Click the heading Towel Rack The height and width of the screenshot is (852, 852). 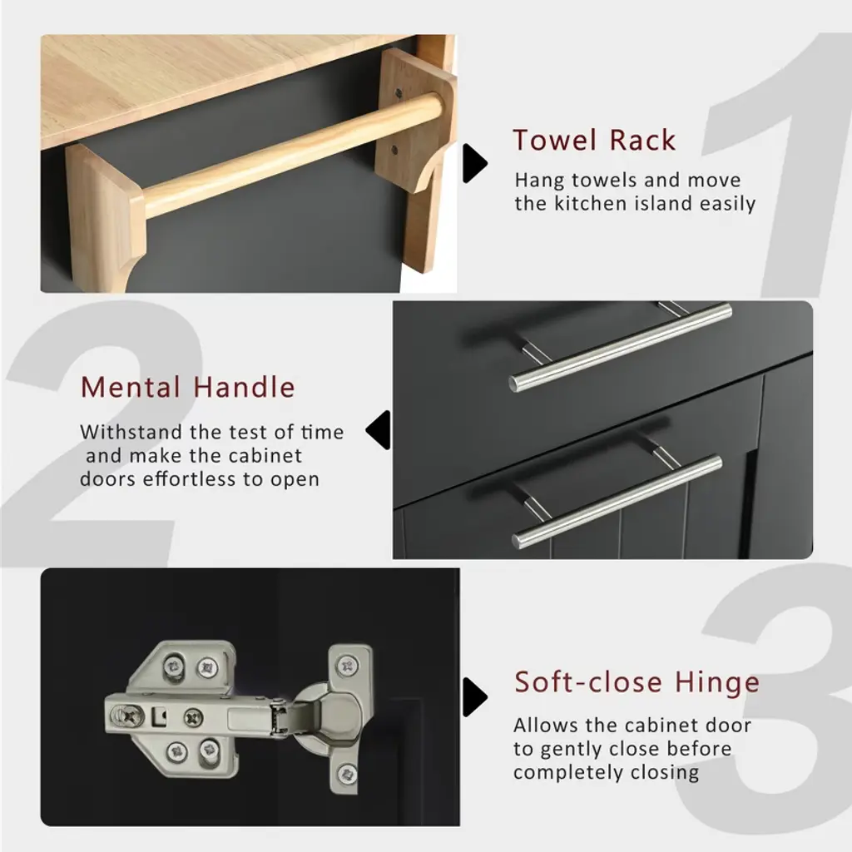point(594,140)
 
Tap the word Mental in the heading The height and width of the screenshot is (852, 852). point(131,388)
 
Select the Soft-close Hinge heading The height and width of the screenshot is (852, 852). point(637,682)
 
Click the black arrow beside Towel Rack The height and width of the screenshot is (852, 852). point(475,163)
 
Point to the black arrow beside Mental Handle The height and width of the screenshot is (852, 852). point(379,430)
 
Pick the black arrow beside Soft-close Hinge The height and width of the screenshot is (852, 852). point(475,697)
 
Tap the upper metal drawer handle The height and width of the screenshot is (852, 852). point(620,347)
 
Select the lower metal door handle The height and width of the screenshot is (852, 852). point(617,501)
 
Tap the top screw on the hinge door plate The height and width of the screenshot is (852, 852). point(347,665)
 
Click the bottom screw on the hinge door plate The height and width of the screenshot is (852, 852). point(347,773)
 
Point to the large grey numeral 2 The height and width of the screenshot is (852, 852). point(98,434)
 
